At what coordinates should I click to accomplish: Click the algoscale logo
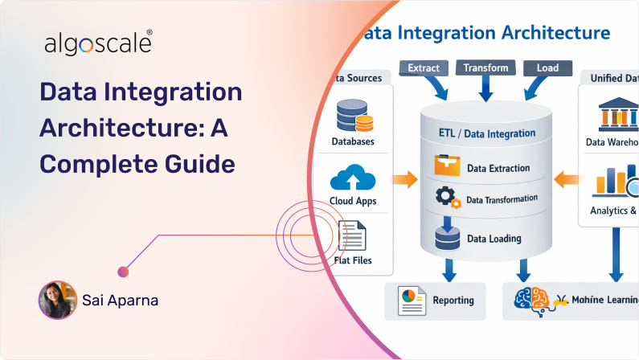98,44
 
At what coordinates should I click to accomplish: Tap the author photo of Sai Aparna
57,300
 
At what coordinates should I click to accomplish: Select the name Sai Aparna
121,301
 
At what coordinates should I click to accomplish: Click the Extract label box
424,68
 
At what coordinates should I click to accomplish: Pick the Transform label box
485,68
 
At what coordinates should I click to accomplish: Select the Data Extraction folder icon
445,165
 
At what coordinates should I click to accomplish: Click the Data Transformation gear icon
445,198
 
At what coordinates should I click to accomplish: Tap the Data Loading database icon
445,237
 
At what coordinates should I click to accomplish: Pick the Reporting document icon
411,301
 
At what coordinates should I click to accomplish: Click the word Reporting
453,301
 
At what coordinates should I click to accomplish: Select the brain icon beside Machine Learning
530,301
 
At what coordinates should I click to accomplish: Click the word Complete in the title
91,164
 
